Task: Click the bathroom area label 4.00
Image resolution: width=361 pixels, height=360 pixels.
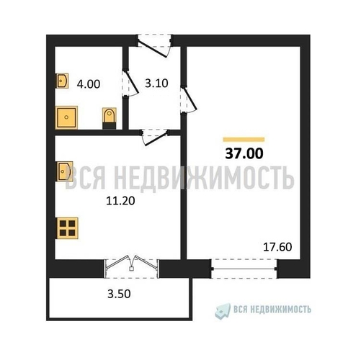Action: (x=89, y=84)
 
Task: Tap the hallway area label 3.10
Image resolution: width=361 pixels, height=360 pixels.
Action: (x=156, y=84)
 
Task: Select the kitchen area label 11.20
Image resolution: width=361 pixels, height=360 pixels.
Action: (x=120, y=201)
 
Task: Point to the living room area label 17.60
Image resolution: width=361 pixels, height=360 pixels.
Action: (x=277, y=247)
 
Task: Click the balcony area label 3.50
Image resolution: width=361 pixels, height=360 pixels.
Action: (x=119, y=294)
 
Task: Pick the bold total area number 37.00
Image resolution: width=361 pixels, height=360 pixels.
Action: (x=244, y=153)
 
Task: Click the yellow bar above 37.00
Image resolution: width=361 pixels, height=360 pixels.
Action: (x=244, y=140)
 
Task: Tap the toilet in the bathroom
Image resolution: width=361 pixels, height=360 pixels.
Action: (x=110, y=118)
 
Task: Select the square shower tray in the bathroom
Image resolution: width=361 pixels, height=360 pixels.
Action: (x=66, y=117)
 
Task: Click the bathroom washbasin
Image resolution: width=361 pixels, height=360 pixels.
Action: (x=62, y=81)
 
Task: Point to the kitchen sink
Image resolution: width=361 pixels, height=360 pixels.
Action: (x=64, y=171)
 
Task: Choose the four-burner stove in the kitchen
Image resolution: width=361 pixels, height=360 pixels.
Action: (x=67, y=228)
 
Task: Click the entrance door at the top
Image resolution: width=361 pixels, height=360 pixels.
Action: (x=155, y=46)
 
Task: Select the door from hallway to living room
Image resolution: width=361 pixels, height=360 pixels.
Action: (x=189, y=99)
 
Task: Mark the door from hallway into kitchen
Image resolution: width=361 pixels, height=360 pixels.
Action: (x=155, y=137)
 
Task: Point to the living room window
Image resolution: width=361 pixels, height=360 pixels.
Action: (x=244, y=269)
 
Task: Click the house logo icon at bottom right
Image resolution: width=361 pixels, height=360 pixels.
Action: (x=223, y=311)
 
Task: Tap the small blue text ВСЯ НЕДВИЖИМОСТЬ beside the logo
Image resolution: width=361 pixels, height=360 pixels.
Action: (x=272, y=310)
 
